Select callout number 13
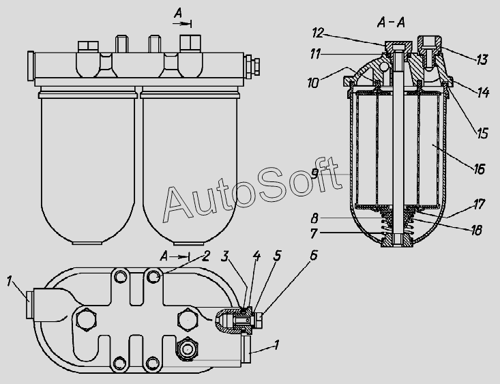tap(482, 60)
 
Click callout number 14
tap(482, 92)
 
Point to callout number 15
tap(482, 132)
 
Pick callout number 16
tap(480, 167)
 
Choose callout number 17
tap(480, 204)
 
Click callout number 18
tap(475, 231)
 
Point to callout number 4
tap(256, 256)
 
